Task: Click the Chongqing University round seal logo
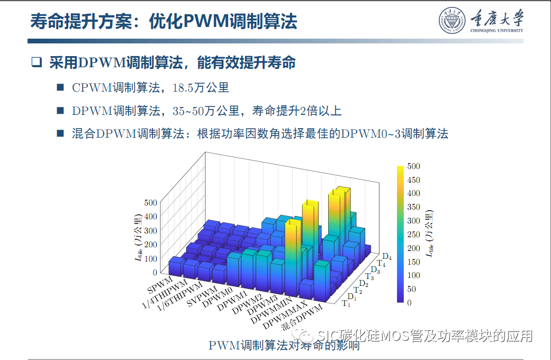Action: (452, 22)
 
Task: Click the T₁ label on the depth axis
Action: (346, 303)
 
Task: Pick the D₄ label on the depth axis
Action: (387, 257)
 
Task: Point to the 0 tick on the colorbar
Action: (409, 302)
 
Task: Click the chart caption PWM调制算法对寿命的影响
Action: (284, 346)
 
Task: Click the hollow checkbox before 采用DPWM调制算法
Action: (36, 62)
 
